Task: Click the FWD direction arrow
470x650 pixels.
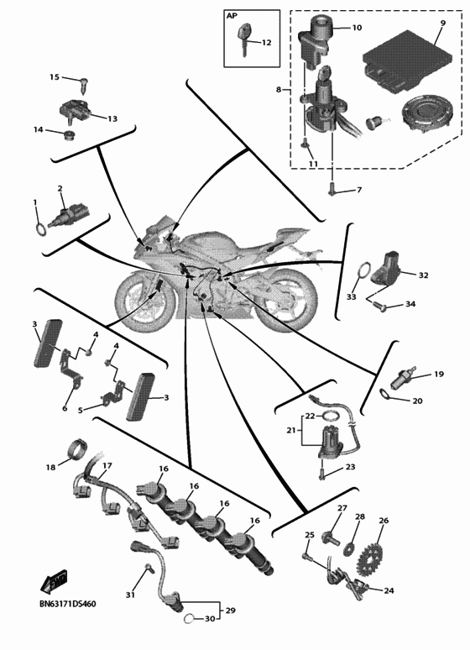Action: click(x=54, y=582)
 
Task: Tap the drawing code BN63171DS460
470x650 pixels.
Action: click(x=67, y=604)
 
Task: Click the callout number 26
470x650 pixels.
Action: click(x=384, y=520)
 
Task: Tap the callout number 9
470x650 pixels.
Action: click(x=442, y=23)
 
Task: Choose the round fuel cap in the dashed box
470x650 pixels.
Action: click(x=426, y=113)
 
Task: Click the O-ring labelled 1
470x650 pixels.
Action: click(x=41, y=229)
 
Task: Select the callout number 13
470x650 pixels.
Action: click(x=112, y=118)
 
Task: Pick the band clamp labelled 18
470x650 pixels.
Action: click(x=76, y=449)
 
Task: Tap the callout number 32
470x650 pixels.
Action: click(x=423, y=275)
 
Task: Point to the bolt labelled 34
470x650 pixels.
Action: click(x=380, y=307)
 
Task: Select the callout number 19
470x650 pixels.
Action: click(x=439, y=374)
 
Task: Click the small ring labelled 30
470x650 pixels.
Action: click(x=189, y=619)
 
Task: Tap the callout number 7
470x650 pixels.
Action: click(x=359, y=190)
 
